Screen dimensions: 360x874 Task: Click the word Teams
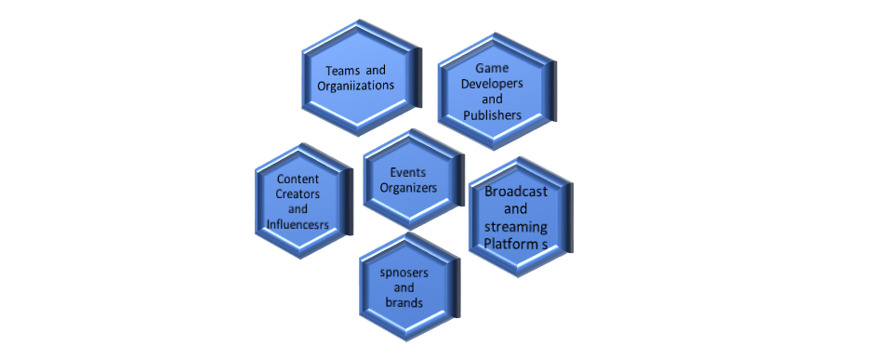[341, 70]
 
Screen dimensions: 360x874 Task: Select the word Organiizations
[355, 86]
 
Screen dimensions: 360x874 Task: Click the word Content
[298, 179]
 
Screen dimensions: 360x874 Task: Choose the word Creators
[298, 193]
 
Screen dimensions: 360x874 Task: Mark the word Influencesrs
[298, 224]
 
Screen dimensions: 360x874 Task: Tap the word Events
[408, 172]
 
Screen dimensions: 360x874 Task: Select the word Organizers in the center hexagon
[408, 187]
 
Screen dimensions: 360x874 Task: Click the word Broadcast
[516, 192]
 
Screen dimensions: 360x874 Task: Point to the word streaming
[516, 227]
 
